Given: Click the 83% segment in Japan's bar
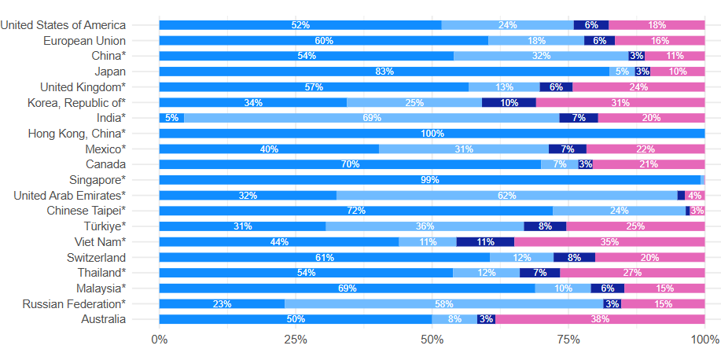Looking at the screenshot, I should [x=384, y=72].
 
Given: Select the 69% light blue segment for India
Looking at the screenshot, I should [x=372, y=118].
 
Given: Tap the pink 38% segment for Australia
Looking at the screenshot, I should [x=600, y=319].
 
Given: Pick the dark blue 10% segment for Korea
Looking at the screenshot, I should [x=509, y=102].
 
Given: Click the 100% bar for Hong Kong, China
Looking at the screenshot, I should [x=432, y=134].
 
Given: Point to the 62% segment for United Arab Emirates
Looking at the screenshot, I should [x=507, y=195].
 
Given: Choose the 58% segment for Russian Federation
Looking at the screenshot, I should [x=444, y=303].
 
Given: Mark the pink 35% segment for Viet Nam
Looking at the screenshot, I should [x=609, y=241].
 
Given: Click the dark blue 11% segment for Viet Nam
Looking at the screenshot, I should [x=485, y=241].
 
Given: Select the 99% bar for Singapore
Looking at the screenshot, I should [x=429, y=180].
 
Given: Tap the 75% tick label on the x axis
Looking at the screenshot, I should [x=568, y=340].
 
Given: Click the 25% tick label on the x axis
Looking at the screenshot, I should [x=295, y=340].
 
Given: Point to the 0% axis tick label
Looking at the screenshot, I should [x=159, y=340].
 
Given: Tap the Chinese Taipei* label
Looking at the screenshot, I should [x=86, y=211].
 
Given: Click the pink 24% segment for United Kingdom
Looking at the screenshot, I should [x=638, y=87].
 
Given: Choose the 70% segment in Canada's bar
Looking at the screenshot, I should [x=350, y=164].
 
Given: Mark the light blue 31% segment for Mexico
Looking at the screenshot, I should [x=464, y=149].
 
